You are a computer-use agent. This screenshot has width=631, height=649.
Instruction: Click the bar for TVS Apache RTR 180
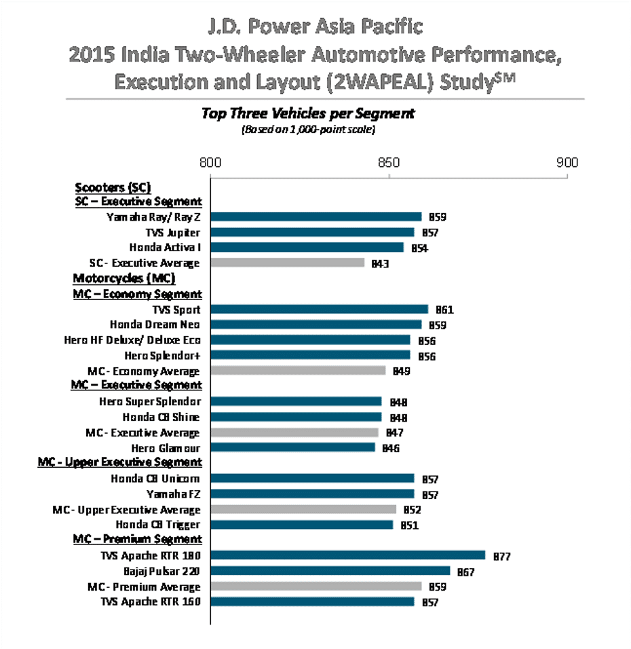coord(347,555)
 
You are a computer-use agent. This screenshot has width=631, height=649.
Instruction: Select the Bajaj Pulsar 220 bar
coord(330,571)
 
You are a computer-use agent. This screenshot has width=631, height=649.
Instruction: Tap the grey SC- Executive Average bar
coord(288,263)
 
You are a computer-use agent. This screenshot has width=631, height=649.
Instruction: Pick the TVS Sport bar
coord(320,309)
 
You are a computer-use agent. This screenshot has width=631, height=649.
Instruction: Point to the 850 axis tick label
coord(389,163)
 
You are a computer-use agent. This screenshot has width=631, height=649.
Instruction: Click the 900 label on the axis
coord(567,163)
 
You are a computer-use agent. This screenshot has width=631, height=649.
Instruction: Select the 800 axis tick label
coord(210,163)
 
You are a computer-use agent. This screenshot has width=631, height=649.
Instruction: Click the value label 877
coord(502,556)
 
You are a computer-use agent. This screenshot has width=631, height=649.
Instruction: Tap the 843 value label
coord(380,263)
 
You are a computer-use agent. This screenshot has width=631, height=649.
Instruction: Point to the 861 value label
coord(445,310)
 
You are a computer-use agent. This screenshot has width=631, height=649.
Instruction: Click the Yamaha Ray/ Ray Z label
coord(153,217)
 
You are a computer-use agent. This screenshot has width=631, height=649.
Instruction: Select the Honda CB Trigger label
coord(157,525)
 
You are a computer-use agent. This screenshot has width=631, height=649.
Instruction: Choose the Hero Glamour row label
coord(166,448)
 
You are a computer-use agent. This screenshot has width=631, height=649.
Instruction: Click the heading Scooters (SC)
coord(113,187)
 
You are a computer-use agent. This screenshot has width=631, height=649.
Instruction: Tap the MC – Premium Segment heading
coord(137,539)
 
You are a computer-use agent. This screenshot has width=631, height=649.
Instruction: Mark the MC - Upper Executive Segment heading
coord(120,462)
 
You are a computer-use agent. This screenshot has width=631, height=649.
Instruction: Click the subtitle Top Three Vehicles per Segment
coord(308,113)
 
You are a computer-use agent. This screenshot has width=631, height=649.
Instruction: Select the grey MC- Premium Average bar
coord(316,587)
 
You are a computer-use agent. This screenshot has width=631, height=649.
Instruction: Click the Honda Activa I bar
coord(307,247)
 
